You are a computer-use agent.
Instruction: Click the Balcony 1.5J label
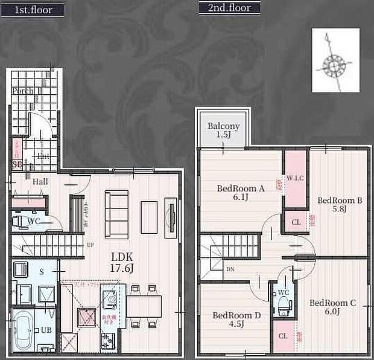point(224,130)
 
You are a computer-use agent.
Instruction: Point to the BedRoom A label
point(241,192)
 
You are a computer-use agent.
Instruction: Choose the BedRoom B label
point(339,204)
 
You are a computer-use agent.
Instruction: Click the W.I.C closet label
point(296,178)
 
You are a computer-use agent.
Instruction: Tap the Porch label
point(23,91)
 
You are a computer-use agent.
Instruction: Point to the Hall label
point(40,181)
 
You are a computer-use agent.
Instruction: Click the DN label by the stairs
point(230,269)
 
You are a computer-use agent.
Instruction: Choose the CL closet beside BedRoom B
point(296,221)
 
